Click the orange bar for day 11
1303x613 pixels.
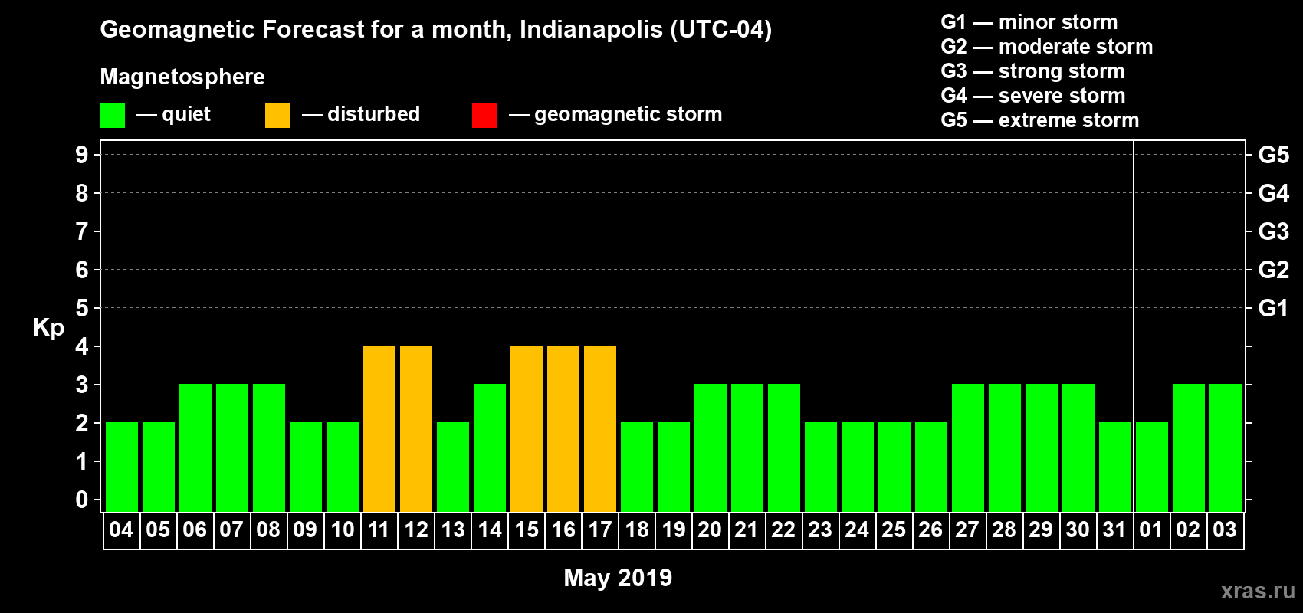(379, 428)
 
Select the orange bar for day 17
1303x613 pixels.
(600, 428)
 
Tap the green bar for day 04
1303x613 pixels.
(122, 467)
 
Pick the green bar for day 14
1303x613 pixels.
(490, 447)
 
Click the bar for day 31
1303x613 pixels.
(1115, 467)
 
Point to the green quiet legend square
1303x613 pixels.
(113, 116)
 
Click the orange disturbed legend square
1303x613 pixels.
(277, 116)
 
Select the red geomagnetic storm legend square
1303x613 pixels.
(484, 116)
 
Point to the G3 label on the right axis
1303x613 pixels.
(1273, 231)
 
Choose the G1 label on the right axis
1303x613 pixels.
(1273, 308)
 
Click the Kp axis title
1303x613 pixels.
(48, 328)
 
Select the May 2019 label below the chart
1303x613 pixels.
(618, 578)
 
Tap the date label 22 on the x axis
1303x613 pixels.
(783, 529)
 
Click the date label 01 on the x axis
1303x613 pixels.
(1151, 529)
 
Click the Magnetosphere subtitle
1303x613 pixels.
(182, 77)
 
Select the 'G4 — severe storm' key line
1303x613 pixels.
(1033, 96)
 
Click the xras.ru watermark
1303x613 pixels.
(1258, 591)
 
